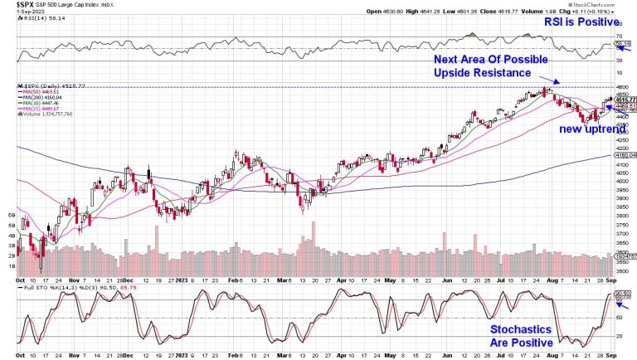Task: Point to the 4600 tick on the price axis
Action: pyautogui.click(x=622, y=87)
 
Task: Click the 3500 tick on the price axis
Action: pyautogui.click(x=622, y=271)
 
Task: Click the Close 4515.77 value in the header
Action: pyautogui.click(x=491, y=12)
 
